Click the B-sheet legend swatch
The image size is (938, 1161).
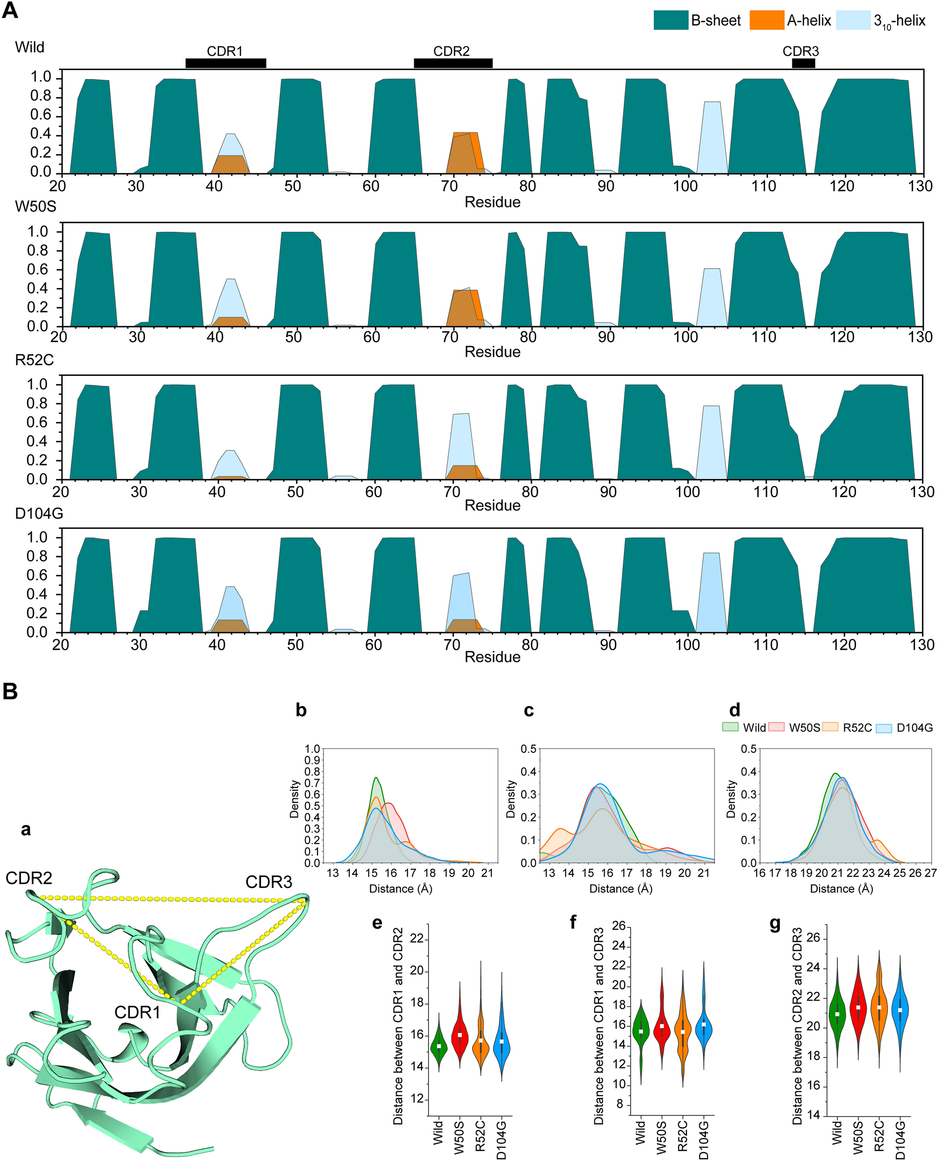tap(671, 21)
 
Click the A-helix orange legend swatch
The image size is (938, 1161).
tap(767, 21)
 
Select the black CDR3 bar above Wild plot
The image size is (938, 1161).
tap(803, 63)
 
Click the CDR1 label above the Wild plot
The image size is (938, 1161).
tap(225, 51)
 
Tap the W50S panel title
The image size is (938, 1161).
tap(35, 207)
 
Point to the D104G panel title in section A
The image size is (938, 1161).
tap(39, 514)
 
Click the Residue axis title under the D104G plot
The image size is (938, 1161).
tap(492, 657)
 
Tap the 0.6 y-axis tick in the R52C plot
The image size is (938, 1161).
tap(38, 422)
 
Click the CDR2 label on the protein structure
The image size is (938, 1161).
tap(29, 878)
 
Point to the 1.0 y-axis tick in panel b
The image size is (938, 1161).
tap(313, 749)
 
